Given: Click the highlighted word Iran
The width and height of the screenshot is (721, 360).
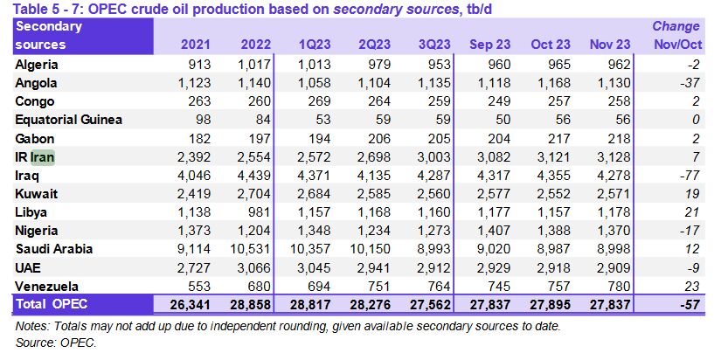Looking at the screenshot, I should [x=43, y=157].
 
